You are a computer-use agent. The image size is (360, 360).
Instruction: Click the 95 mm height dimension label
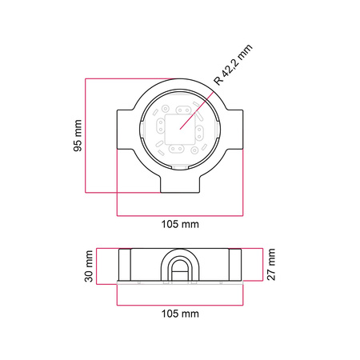(78, 136)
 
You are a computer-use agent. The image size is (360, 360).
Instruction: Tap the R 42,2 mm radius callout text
(233, 65)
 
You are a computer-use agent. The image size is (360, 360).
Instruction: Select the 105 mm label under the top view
(180, 224)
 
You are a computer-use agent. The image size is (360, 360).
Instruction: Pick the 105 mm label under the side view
(180, 314)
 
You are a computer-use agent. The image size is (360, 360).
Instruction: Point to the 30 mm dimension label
(89, 266)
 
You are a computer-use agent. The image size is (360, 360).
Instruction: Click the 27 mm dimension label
(271, 264)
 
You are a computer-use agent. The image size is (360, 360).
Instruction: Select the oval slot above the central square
(183, 110)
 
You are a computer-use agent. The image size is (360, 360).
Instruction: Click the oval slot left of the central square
(161, 126)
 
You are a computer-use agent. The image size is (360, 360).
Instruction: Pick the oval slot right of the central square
(199, 133)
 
